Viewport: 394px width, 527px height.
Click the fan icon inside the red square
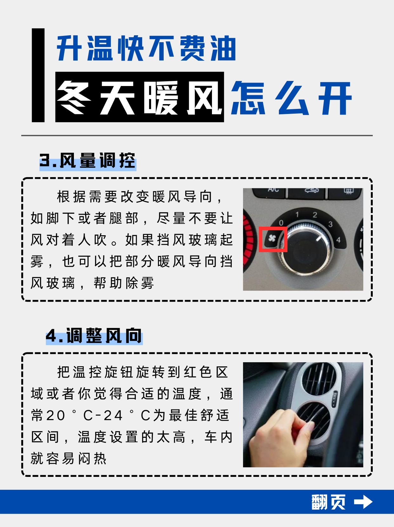(272, 238)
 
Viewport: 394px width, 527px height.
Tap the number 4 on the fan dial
(338, 240)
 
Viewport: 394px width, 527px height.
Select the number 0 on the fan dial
(281, 223)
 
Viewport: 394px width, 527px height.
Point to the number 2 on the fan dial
(315, 215)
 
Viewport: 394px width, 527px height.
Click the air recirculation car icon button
(307, 193)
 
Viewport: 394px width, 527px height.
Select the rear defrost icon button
(345, 193)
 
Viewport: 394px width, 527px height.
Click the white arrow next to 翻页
(363, 502)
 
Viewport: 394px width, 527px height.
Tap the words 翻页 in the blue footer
(328, 502)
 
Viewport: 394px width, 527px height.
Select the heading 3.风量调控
(88, 161)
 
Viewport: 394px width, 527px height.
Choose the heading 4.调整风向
(94, 336)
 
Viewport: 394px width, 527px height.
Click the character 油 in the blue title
(223, 48)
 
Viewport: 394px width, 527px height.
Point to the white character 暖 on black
(161, 97)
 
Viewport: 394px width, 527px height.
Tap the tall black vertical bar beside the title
(38, 75)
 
